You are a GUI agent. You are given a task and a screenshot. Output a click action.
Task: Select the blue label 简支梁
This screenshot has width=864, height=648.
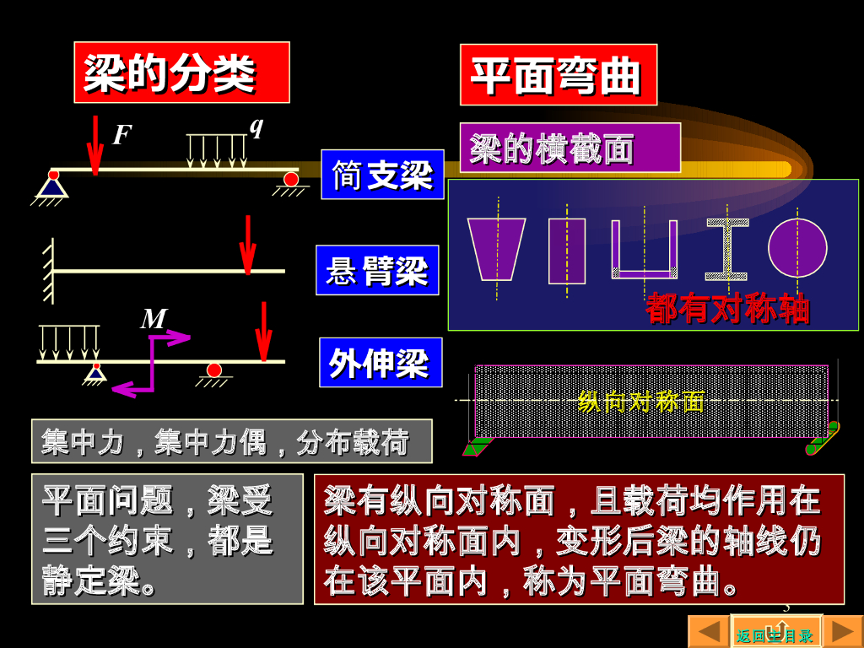pos(382,175)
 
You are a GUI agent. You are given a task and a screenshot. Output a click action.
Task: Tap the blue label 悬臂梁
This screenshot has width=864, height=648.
pos(377,270)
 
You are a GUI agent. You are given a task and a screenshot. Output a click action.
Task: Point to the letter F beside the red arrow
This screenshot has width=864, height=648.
pos(122,135)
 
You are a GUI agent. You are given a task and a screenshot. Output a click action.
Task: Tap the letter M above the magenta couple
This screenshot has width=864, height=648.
pos(154,319)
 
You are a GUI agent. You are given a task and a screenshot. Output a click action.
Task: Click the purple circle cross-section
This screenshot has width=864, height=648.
pos(796,247)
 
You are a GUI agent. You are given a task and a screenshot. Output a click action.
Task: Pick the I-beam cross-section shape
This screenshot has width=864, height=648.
pos(726,249)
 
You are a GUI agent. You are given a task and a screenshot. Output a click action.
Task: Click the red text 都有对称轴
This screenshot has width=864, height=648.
pos(727,309)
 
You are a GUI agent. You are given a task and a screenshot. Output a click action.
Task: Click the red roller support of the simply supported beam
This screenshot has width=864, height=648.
pos(291,179)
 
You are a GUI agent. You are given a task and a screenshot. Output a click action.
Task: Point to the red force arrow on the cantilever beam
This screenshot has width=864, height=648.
pos(247,244)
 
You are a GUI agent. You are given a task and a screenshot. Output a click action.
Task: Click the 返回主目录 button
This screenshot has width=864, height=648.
pos(775,634)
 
